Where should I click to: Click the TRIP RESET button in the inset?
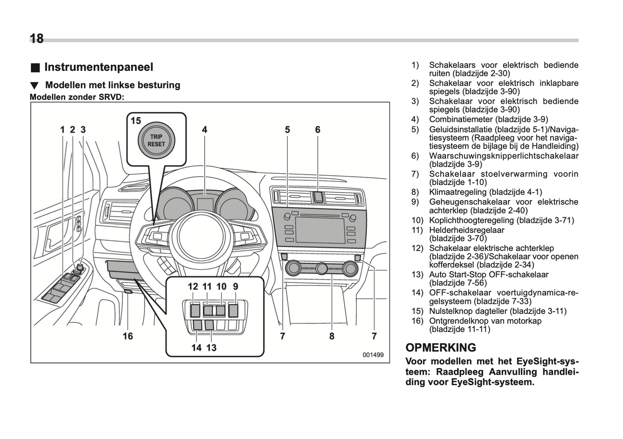point(156,140)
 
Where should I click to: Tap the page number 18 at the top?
point(37,39)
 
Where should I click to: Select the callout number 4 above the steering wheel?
point(204,129)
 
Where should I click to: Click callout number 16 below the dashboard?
point(128,336)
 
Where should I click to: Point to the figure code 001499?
point(373,355)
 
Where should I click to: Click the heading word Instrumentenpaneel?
point(99,67)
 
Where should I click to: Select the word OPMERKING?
point(441,348)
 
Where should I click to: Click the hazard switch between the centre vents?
point(318,197)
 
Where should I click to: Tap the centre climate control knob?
point(322,269)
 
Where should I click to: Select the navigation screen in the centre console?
point(320,230)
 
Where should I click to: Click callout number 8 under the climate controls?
point(332,336)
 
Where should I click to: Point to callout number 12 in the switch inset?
point(193,286)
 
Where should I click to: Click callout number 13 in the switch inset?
point(211,348)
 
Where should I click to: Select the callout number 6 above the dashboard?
point(318,129)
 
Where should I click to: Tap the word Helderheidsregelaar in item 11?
point(466,230)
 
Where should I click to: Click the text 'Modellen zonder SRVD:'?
point(77,97)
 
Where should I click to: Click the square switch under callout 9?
point(233,310)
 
